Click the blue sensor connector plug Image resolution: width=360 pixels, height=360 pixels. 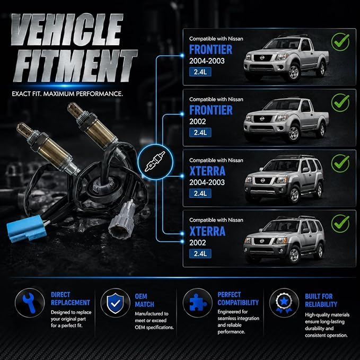coord(27,229)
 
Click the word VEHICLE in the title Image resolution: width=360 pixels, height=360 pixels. coord(67,29)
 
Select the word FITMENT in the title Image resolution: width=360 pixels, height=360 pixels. coord(75,66)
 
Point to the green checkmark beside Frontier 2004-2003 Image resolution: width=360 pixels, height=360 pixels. coord(340,42)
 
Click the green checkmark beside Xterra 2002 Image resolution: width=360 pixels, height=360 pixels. coord(340,224)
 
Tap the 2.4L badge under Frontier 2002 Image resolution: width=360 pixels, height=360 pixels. coord(200,133)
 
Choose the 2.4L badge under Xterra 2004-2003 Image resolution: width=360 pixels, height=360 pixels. coord(200,194)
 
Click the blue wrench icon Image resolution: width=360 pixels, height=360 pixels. coord(29,303)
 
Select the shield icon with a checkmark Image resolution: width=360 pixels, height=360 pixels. coord(115,303)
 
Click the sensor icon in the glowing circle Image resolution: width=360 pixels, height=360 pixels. coord(155,162)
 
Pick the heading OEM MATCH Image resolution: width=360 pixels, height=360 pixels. coord(144,300)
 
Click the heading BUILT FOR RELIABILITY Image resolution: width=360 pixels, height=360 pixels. coord(321,300)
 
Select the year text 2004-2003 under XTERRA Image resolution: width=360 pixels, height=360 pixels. coord(207,182)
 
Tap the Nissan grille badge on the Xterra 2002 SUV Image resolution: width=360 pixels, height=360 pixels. coord(262,241)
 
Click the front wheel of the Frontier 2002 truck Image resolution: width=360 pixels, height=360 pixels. coord(293,133)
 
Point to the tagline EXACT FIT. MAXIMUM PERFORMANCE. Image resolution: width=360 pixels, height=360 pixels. coord(67,94)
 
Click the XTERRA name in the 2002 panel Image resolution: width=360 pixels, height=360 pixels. coord(207,231)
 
